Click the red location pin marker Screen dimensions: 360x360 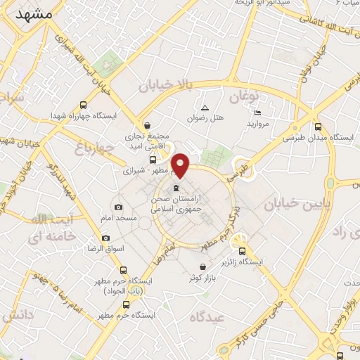181,165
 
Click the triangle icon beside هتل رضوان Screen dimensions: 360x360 205,108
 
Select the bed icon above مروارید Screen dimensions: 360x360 257,113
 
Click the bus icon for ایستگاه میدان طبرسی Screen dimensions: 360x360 318,127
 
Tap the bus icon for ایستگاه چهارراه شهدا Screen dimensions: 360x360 83,104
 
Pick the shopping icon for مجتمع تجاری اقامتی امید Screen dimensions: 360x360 146,124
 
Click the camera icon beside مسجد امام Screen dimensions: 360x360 118,207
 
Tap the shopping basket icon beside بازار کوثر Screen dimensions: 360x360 203,267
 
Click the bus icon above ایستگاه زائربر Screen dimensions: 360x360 243,250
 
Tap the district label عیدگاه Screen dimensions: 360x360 205,317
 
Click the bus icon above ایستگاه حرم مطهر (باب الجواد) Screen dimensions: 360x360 124,270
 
